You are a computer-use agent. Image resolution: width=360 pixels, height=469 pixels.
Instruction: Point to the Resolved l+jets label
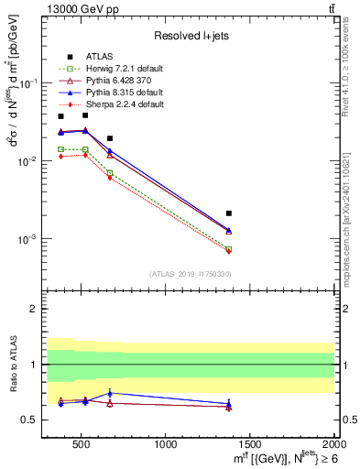pyautogui.click(x=190, y=36)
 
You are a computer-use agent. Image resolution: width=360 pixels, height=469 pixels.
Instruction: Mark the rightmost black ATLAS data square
pyautogui.click(x=229, y=213)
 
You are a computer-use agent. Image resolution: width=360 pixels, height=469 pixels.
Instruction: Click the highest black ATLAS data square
pyautogui.click(x=85, y=115)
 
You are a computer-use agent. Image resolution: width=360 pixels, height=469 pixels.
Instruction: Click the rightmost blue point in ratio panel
pyautogui.click(x=229, y=403)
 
